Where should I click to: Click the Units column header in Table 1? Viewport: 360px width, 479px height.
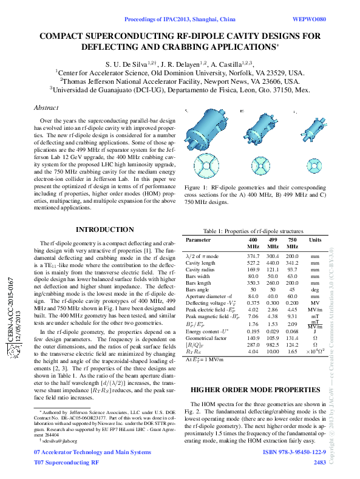tap(315, 240)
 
